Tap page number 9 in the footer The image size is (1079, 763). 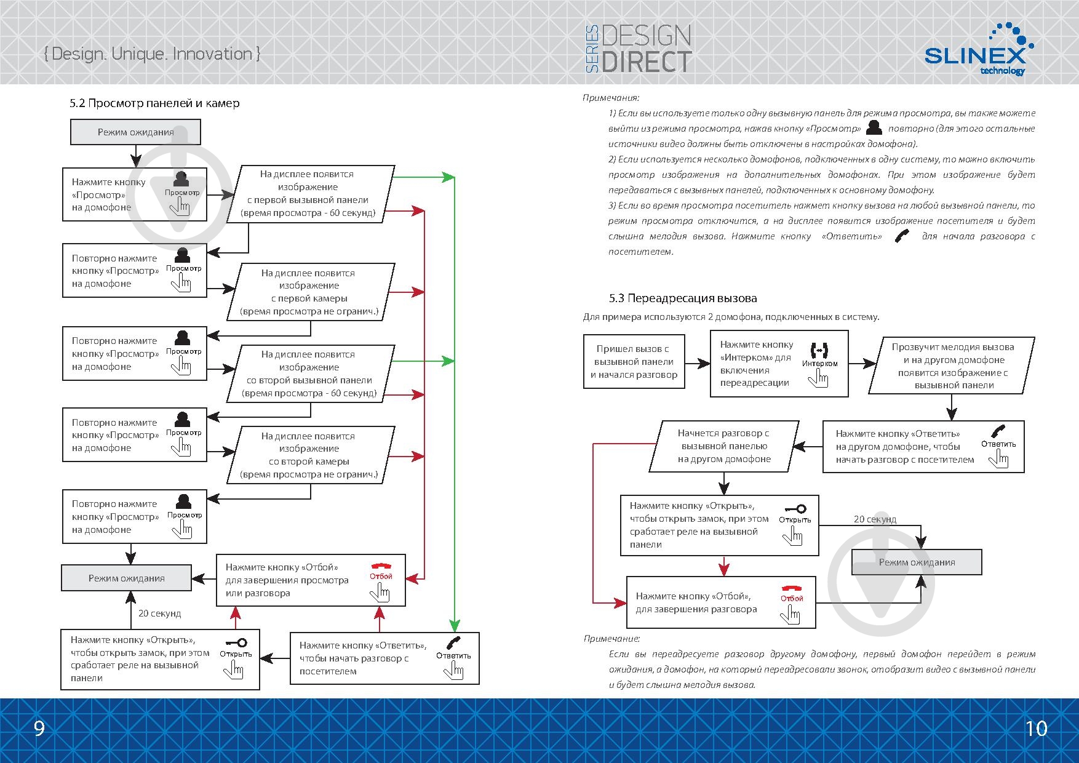click(x=39, y=729)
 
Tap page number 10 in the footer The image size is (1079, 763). click(x=1036, y=729)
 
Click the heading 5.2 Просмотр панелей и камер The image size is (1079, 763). click(x=154, y=103)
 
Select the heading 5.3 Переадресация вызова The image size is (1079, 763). click(x=683, y=298)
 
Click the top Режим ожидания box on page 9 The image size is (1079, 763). click(x=135, y=132)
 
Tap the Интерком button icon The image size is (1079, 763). click(x=819, y=351)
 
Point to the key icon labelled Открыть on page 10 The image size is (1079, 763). click(x=795, y=509)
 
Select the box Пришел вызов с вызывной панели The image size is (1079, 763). click(x=634, y=362)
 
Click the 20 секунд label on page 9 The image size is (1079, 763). click(x=159, y=613)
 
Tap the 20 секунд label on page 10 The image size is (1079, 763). click(x=875, y=519)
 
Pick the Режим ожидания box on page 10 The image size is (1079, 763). click(x=917, y=562)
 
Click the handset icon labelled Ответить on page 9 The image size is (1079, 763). click(x=454, y=643)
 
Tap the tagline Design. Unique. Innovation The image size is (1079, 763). click(x=152, y=54)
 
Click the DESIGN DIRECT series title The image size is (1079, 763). click(x=640, y=49)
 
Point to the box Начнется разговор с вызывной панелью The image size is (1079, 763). click(x=724, y=446)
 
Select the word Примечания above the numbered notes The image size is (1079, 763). click(x=610, y=97)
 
